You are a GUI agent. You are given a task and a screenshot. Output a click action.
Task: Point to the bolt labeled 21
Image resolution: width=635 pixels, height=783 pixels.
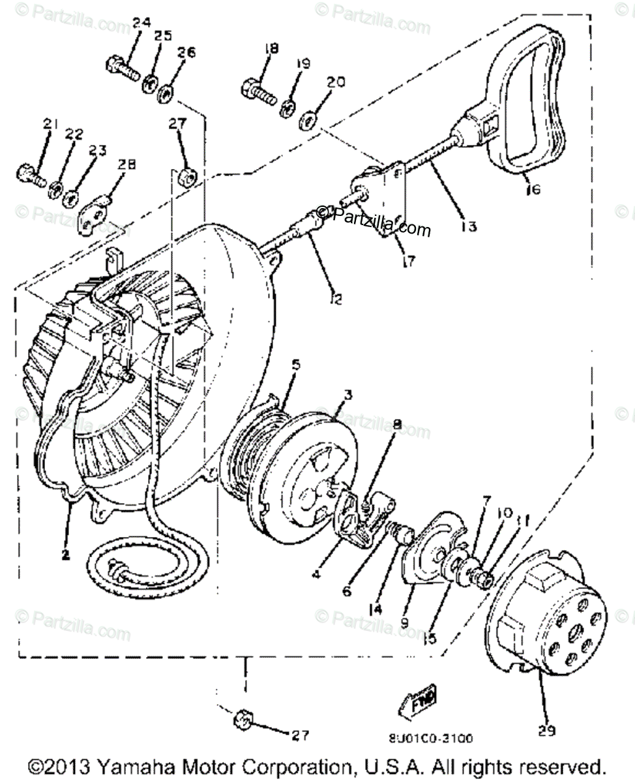point(27,172)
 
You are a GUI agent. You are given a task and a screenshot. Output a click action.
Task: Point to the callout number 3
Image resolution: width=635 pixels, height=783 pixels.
point(349,395)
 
